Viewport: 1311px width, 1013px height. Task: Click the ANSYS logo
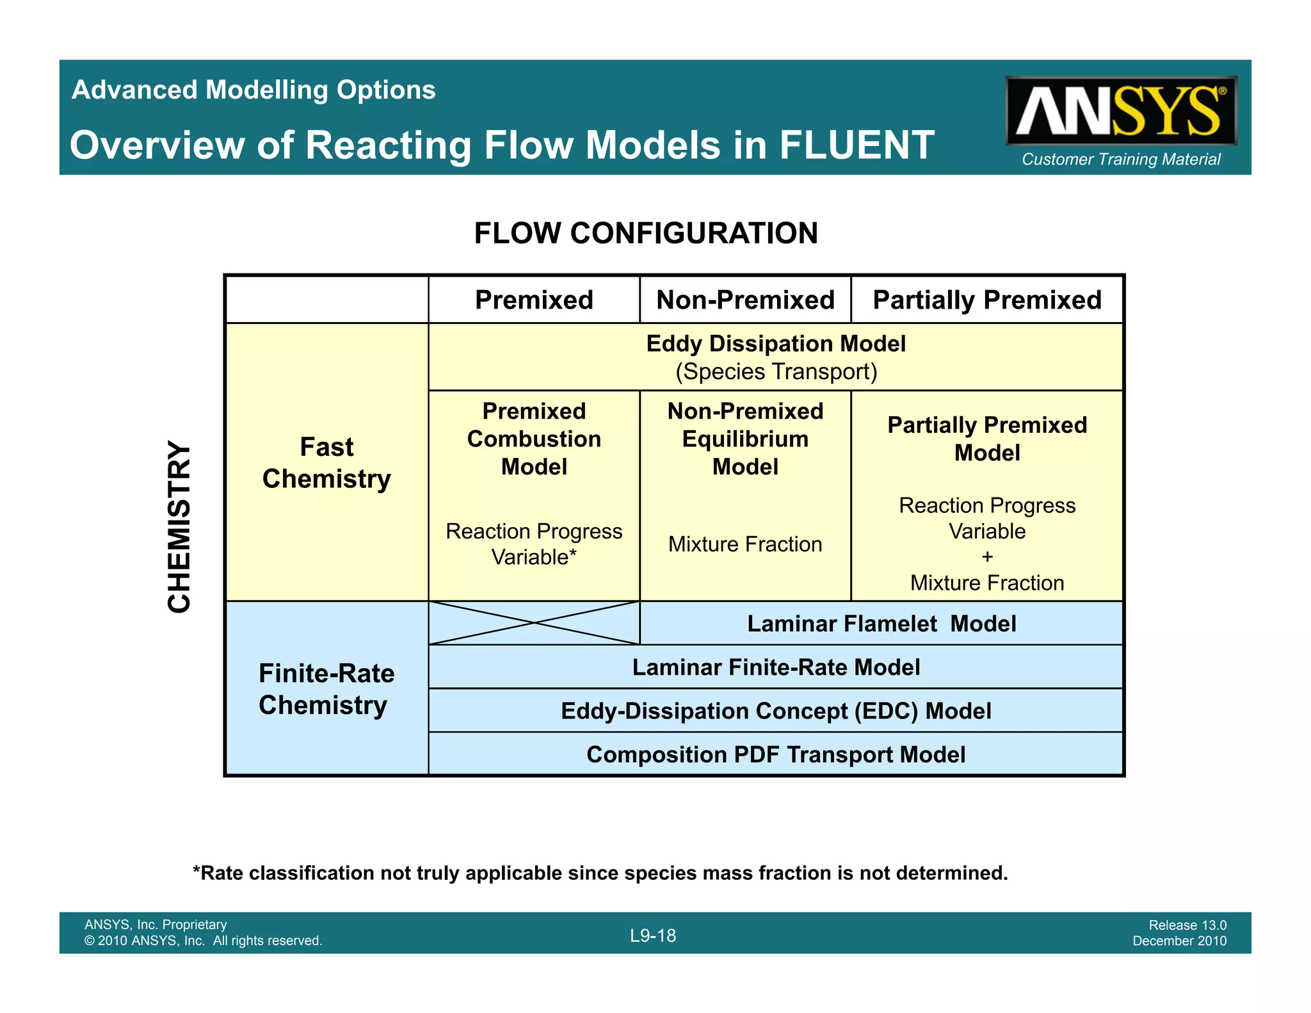[x=1120, y=111]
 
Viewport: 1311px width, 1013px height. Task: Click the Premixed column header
[x=534, y=300]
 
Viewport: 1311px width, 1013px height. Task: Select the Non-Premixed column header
[x=745, y=300]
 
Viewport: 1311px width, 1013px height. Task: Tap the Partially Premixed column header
[x=986, y=300]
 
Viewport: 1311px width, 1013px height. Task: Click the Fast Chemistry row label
[x=326, y=462]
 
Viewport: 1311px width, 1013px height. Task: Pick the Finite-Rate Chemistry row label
[x=326, y=689]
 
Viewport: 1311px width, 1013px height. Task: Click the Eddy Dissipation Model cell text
[x=776, y=344]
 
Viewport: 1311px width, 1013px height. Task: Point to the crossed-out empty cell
[x=534, y=623]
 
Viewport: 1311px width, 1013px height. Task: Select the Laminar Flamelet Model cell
[x=881, y=624]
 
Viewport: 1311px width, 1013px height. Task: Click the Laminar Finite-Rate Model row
[x=776, y=667]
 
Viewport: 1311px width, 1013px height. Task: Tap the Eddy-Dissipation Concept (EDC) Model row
[x=776, y=711]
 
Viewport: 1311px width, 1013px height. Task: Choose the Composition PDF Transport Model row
[x=776, y=754]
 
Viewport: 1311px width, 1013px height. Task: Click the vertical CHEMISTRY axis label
[x=179, y=526]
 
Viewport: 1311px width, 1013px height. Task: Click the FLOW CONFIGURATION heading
[x=645, y=233]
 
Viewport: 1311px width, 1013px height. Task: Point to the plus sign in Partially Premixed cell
[x=987, y=557]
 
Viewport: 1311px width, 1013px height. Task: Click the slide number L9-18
[x=653, y=936]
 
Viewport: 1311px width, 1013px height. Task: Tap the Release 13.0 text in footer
[x=1187, y=925]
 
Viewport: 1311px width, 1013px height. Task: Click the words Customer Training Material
[x=1120, y=159]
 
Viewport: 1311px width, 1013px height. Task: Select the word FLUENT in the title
[x=857, y=145]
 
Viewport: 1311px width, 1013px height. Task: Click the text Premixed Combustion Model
[x=534, y=439]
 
